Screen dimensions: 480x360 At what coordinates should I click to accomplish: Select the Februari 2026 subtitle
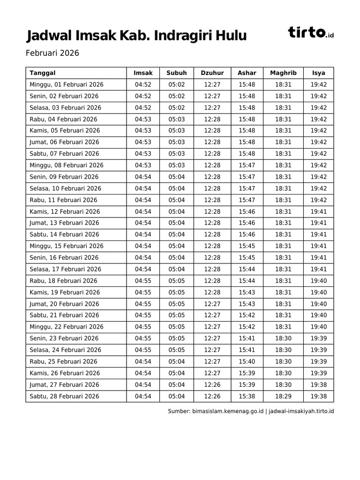point(52,53)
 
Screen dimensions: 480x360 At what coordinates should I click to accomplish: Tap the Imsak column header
point(143,73)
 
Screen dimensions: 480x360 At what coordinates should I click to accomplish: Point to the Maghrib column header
point(283,73)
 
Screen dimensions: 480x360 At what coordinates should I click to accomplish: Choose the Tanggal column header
point(43,73)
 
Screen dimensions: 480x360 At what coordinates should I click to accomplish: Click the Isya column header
point(319,73)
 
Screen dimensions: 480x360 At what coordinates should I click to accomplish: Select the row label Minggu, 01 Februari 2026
point(67,84)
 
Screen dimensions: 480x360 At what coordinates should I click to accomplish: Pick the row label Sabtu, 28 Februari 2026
point(64,396)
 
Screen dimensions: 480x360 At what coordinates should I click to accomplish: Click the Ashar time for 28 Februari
point(247,396)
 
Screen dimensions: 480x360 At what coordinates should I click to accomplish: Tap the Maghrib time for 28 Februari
point(283,396)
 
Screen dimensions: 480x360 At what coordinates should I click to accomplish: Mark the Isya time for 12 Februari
point(319,211)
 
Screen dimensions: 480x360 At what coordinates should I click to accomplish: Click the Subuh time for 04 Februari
point(177,119)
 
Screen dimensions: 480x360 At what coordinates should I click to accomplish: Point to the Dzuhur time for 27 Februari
point(212,384)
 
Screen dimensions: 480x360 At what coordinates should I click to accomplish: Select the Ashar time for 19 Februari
point(247,292)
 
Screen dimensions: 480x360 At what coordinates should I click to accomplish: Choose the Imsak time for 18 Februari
point(143,281)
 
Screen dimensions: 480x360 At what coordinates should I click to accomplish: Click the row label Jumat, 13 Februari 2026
point(64,223)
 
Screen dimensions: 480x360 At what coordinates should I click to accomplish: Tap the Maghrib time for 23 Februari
point(283,338)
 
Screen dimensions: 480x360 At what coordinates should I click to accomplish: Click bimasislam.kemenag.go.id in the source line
point(228,411)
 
